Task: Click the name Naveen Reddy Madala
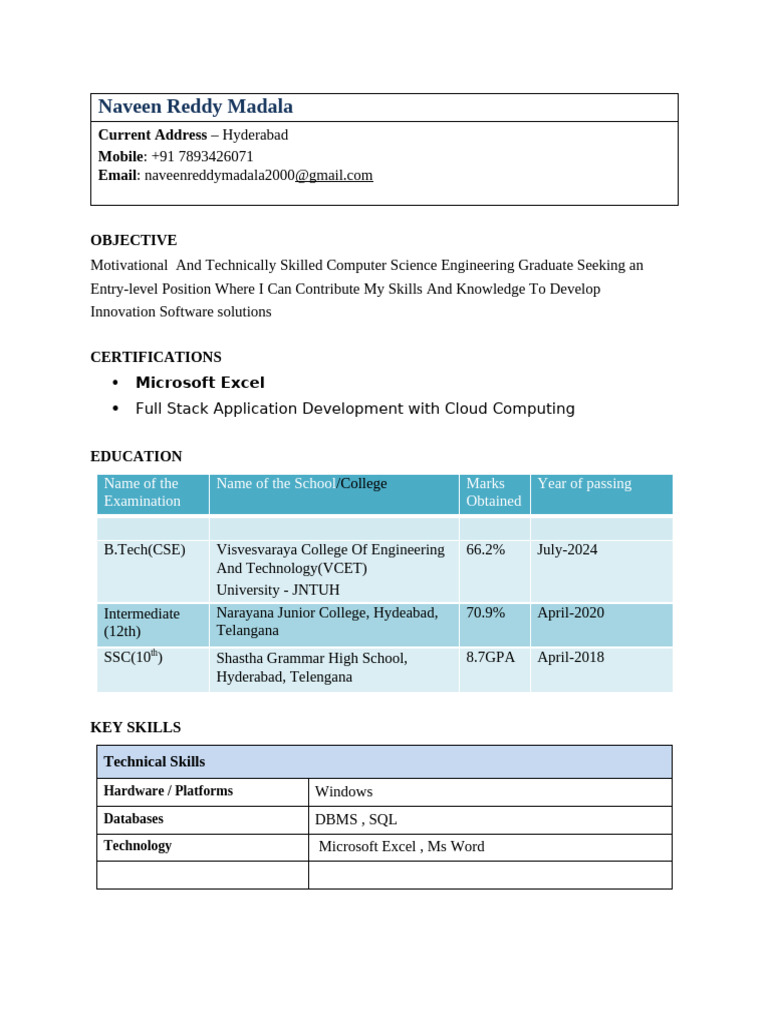coord(195,107)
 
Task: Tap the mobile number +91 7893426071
coord(202,156)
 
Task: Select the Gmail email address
coord(258,175)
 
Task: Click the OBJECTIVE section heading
coord(133,240)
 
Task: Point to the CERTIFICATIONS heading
coord(156,357)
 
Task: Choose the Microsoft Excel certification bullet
coord(200,382)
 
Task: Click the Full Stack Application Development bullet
coord(355,408)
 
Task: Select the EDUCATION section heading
coord(136,456)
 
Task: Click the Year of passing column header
coord(584,484)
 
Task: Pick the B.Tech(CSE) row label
coord(144,550)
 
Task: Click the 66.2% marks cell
coord(485,550)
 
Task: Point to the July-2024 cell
coord(567,550)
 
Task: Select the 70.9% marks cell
coord(485,613)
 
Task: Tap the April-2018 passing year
coord(570,658)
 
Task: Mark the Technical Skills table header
coord(154,762)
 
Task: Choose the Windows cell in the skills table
coord(343,792)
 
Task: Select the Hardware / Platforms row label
coord(168,791)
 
